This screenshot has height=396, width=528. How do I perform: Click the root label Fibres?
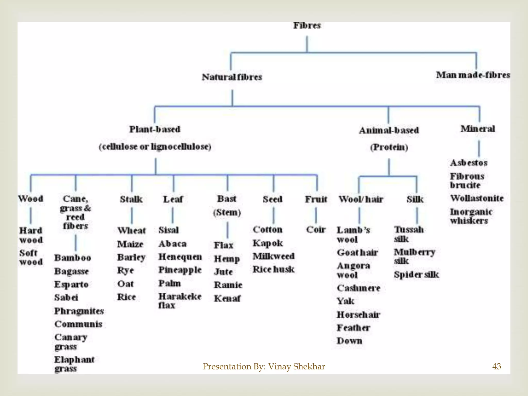[307, 25]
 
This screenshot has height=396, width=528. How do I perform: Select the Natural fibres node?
[232, 77]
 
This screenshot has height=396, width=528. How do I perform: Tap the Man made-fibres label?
[473, 75]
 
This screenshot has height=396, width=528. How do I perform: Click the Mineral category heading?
[478, 128]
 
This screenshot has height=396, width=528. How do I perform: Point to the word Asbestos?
[469, 163]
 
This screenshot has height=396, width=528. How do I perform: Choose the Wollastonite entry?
[477, 198]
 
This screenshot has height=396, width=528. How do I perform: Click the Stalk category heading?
[131, 199]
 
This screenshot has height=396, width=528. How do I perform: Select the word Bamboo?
[73, 258]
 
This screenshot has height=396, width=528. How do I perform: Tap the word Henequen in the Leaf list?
[180, 257]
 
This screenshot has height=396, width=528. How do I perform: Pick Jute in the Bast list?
[223, 272]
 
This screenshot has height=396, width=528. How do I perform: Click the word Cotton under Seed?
[267, 229]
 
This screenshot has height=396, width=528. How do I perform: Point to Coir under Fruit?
[316, 229]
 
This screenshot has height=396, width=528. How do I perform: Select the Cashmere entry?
[358, 288]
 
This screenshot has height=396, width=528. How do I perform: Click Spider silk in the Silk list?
[416, 275]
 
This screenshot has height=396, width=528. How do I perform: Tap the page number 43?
[497, 366]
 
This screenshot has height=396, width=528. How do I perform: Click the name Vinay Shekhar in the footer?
[296, 366]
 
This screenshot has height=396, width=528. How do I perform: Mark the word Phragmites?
[79, 311]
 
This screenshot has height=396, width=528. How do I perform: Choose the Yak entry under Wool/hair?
[345, 301]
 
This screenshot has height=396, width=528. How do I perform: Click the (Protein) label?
[389, 147]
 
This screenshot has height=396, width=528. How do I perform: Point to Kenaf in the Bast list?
[227, 298]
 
